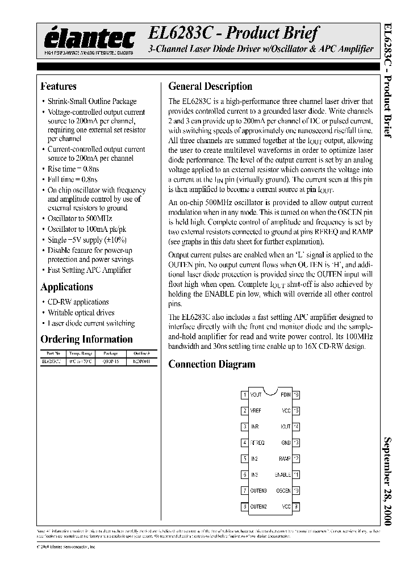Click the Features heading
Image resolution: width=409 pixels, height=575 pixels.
58,86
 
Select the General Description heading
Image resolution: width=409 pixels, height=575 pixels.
210,86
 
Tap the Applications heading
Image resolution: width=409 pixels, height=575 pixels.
66,287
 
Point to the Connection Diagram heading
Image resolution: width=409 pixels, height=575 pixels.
211,364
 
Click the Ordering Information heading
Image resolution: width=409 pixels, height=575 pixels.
86,339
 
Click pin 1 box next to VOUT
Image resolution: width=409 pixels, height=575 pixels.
244,394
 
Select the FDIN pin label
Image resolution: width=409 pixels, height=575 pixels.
285,394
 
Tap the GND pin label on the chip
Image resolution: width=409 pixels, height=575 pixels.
286,442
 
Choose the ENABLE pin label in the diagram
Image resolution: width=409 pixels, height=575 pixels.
282,474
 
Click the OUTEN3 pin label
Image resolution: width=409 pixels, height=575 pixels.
258,490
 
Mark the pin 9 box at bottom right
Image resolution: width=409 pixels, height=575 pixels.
297,506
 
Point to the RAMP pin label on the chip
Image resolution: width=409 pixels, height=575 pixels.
285,459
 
